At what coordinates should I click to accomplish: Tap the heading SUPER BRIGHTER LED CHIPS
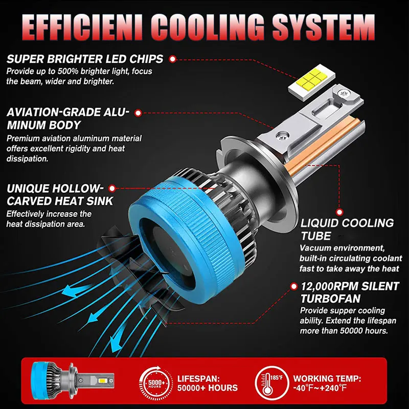tap(85, 59)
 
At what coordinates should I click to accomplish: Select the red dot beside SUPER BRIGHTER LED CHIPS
tap(172, 59)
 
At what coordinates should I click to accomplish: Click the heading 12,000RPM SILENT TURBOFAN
tap(345, 292)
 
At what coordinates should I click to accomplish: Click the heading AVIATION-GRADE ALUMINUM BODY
tap(68, 119)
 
